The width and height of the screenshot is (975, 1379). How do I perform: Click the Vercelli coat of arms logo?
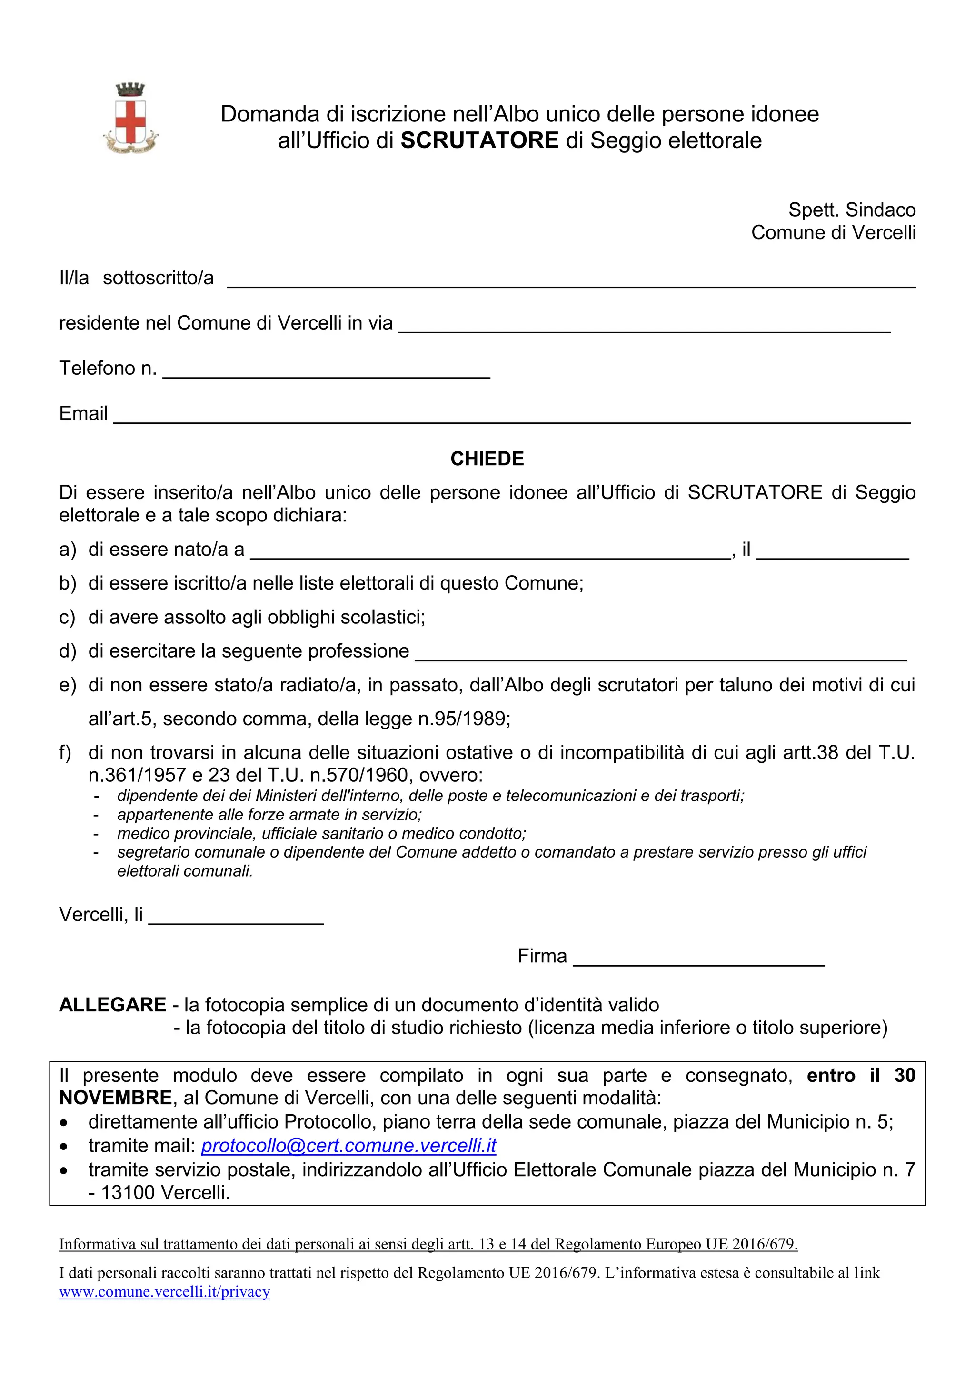click(130, 118)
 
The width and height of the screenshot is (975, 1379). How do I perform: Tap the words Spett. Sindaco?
click(851, 210)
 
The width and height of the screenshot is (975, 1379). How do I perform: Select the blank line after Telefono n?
click(326, 370)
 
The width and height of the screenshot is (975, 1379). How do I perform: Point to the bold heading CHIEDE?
click(487, 459)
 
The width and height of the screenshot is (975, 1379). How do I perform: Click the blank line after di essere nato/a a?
click(490, 552)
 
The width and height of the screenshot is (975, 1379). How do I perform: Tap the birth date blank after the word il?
click(832, 552)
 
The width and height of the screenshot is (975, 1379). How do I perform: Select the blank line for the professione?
click(660, 653)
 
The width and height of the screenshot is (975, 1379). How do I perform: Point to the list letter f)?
click(65, 752)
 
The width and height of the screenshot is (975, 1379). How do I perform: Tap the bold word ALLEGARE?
click(112, 1005)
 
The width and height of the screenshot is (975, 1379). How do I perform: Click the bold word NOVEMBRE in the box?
click(115, 1099)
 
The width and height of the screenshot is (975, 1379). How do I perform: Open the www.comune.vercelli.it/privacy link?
click(165, 1292)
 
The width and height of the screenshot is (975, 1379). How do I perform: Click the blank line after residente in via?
click(644, 326)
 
